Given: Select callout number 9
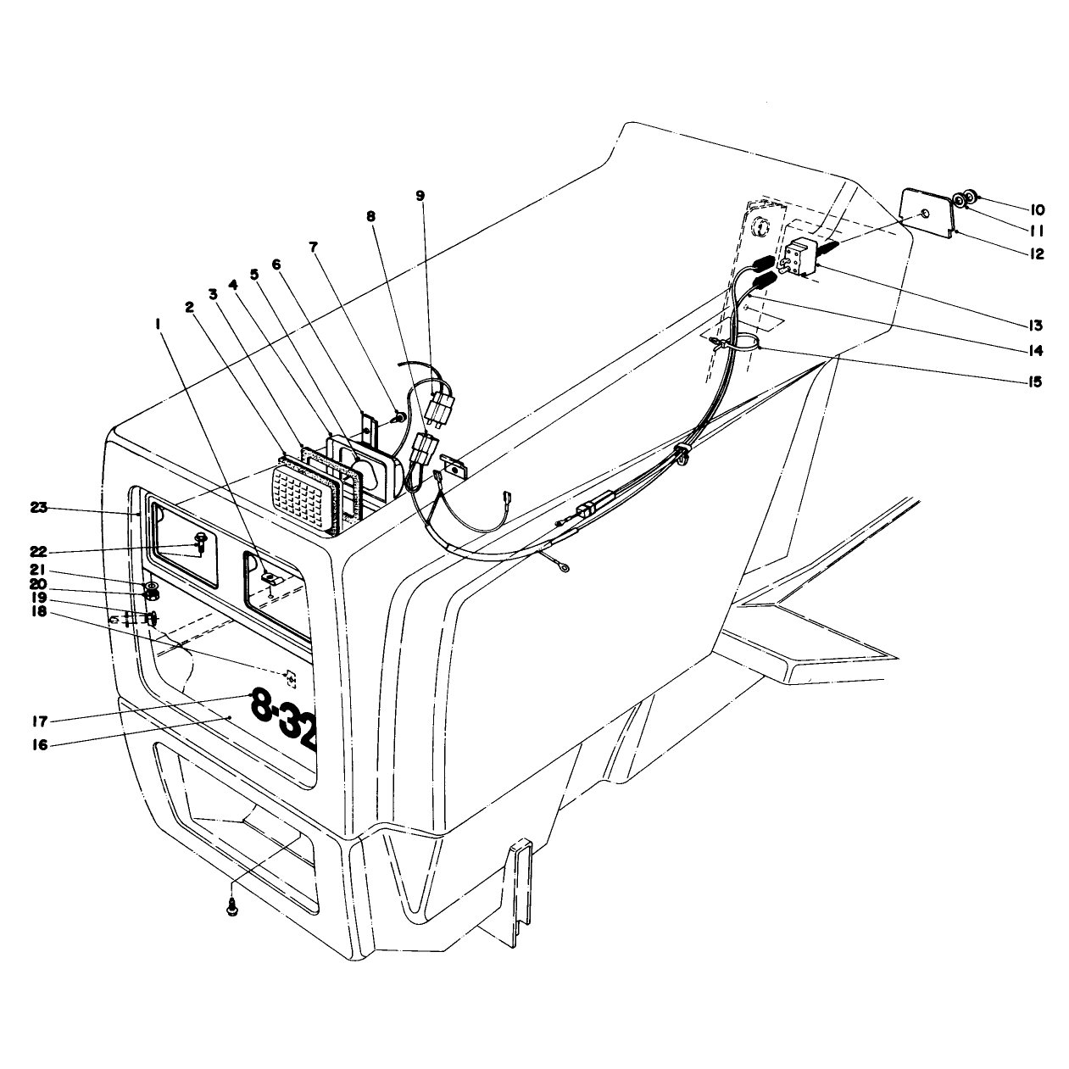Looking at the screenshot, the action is coord(420,195).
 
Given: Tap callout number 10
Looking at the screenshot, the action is coord(1037,209).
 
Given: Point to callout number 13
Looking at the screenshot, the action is coord(1035,325).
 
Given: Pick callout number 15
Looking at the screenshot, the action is coord(1035,381).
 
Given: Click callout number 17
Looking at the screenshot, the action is coord(41,721).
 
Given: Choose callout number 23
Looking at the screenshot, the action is coord(39,507).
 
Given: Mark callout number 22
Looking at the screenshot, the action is coord(39,552).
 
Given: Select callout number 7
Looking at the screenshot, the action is coord(314,247).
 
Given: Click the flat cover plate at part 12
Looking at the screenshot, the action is coord(927,213).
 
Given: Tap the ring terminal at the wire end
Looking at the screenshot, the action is coord(565,567).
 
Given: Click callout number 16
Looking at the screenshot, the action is coord(40,744).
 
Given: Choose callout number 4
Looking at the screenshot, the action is coord(233,285).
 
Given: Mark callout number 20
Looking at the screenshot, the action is coord(39,584).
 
